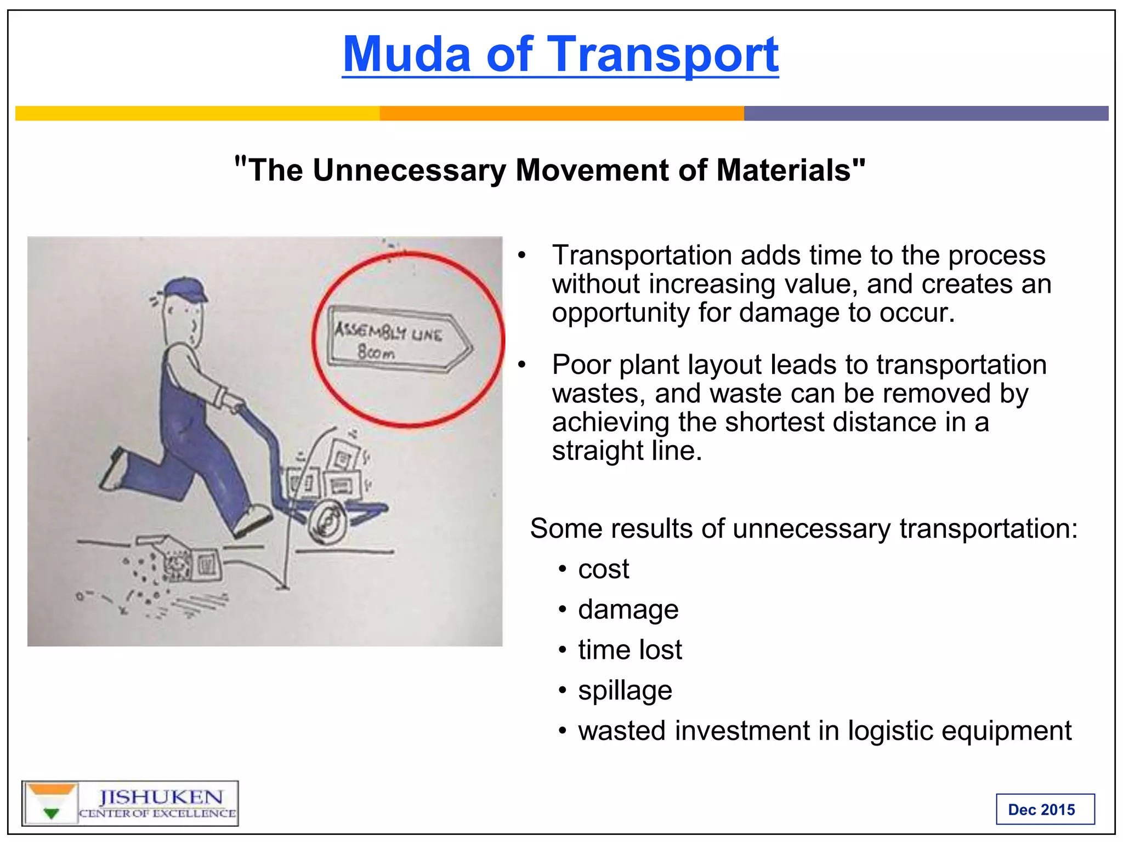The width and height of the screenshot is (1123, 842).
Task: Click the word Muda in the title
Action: [x=406, y=54]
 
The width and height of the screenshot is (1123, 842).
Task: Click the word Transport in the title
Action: [x=663, y=54]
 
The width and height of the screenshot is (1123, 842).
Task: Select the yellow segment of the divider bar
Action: [x=197, y=113]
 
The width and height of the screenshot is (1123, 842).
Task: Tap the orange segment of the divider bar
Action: [x=561, y=113]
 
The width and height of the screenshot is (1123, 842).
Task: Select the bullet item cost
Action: [x=603, y=569]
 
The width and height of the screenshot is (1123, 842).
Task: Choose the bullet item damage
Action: [x=628, y=610]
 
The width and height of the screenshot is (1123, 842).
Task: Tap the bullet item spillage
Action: [x=625, y=690]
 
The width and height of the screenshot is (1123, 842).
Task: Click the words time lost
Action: [x=629, y=650]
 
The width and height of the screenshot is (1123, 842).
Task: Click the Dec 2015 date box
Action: [x=1045, y=809]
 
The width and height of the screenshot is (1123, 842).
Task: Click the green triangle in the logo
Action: [x=51, y=813]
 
